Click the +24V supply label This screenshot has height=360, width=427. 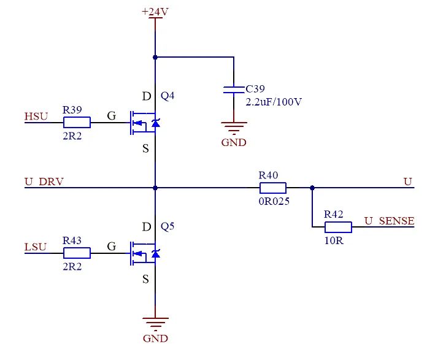[x=155, y=12]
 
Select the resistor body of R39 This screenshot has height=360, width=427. [x=77, y=123]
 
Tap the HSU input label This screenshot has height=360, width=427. [x=36, y=116]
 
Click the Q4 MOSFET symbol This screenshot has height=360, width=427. [x=145, y=123]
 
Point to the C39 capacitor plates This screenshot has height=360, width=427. [x=233, y=90]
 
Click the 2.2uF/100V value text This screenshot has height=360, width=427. [x=274, y=101]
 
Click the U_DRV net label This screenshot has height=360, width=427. [x=44, y=182]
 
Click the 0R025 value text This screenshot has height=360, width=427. [x=274, y=200]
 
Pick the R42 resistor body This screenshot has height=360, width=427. [x=337, y=228]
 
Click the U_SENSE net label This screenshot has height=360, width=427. [x=389, y=221]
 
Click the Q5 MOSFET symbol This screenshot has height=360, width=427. [x=145, y=253]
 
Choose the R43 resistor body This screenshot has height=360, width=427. [x=77, y=253]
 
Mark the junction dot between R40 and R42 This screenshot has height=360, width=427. [x=312, y=188]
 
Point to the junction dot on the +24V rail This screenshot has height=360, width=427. [x=155, y=57]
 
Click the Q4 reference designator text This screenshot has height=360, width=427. [x=167, y=96]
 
